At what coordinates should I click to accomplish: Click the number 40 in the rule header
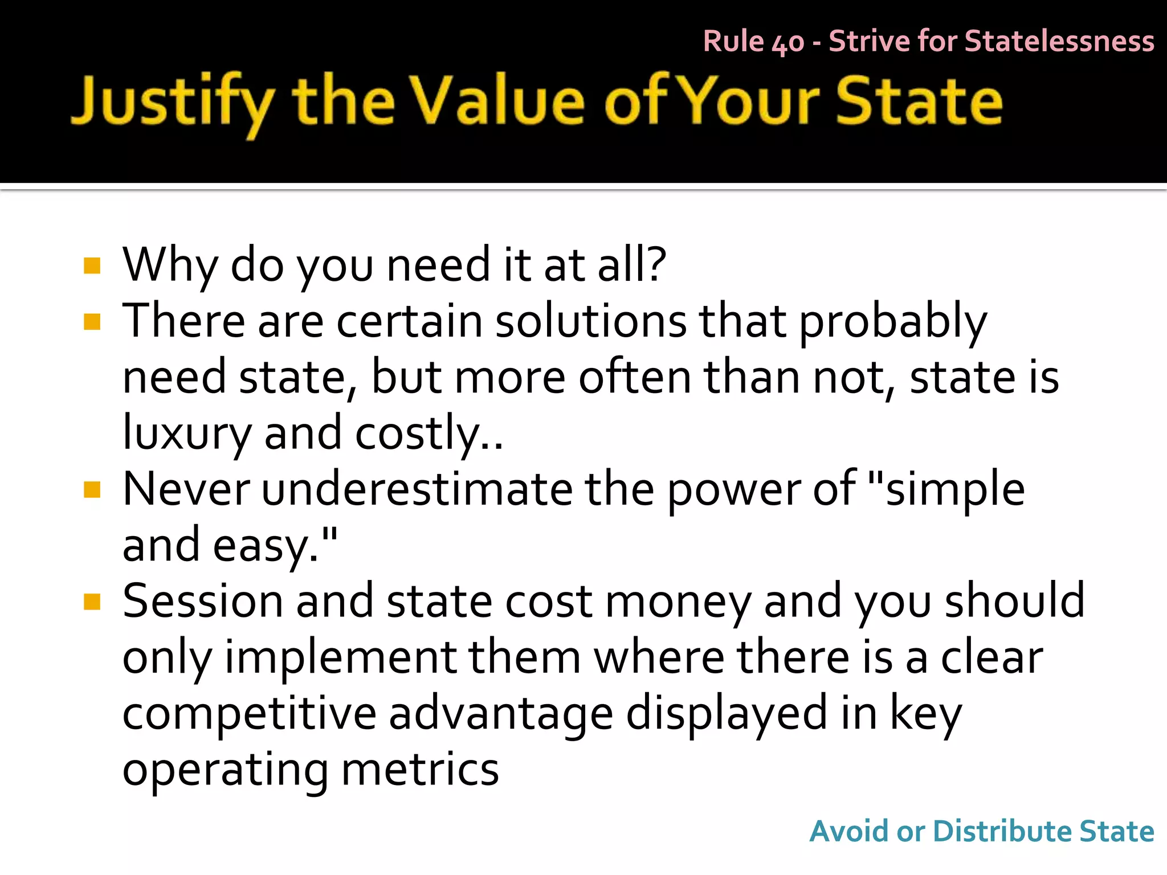787,43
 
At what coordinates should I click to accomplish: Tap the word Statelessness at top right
1059,42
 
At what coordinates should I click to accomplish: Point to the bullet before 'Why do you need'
92,266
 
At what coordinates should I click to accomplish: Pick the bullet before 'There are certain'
92,322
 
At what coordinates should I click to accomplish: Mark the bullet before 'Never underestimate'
92,490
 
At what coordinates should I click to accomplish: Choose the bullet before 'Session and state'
92,602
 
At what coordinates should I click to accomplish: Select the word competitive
249,713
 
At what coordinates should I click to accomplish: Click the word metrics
420,769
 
